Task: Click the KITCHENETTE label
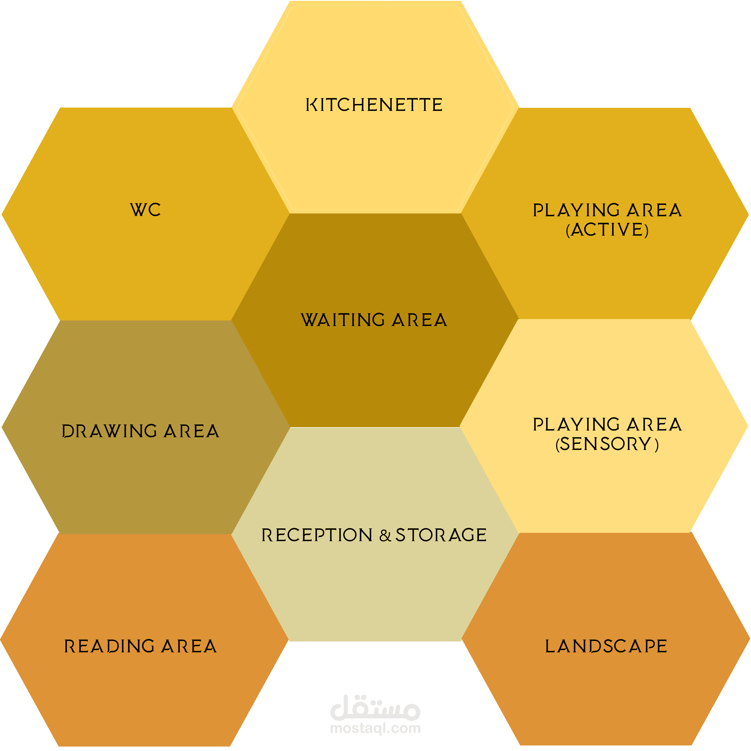click(x=374, y=105)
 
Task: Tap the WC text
click(x=145, y=210)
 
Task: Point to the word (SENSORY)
click(x=607, y=444)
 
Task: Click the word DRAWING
click(x=110, y=431)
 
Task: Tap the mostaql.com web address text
click(x=375, y=728)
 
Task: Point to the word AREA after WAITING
click(x=419, y=320)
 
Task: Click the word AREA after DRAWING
click(x=191, y=431)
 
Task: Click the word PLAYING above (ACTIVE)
click(x=576, y=210)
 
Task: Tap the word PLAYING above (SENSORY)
click(x=576, y=424)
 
